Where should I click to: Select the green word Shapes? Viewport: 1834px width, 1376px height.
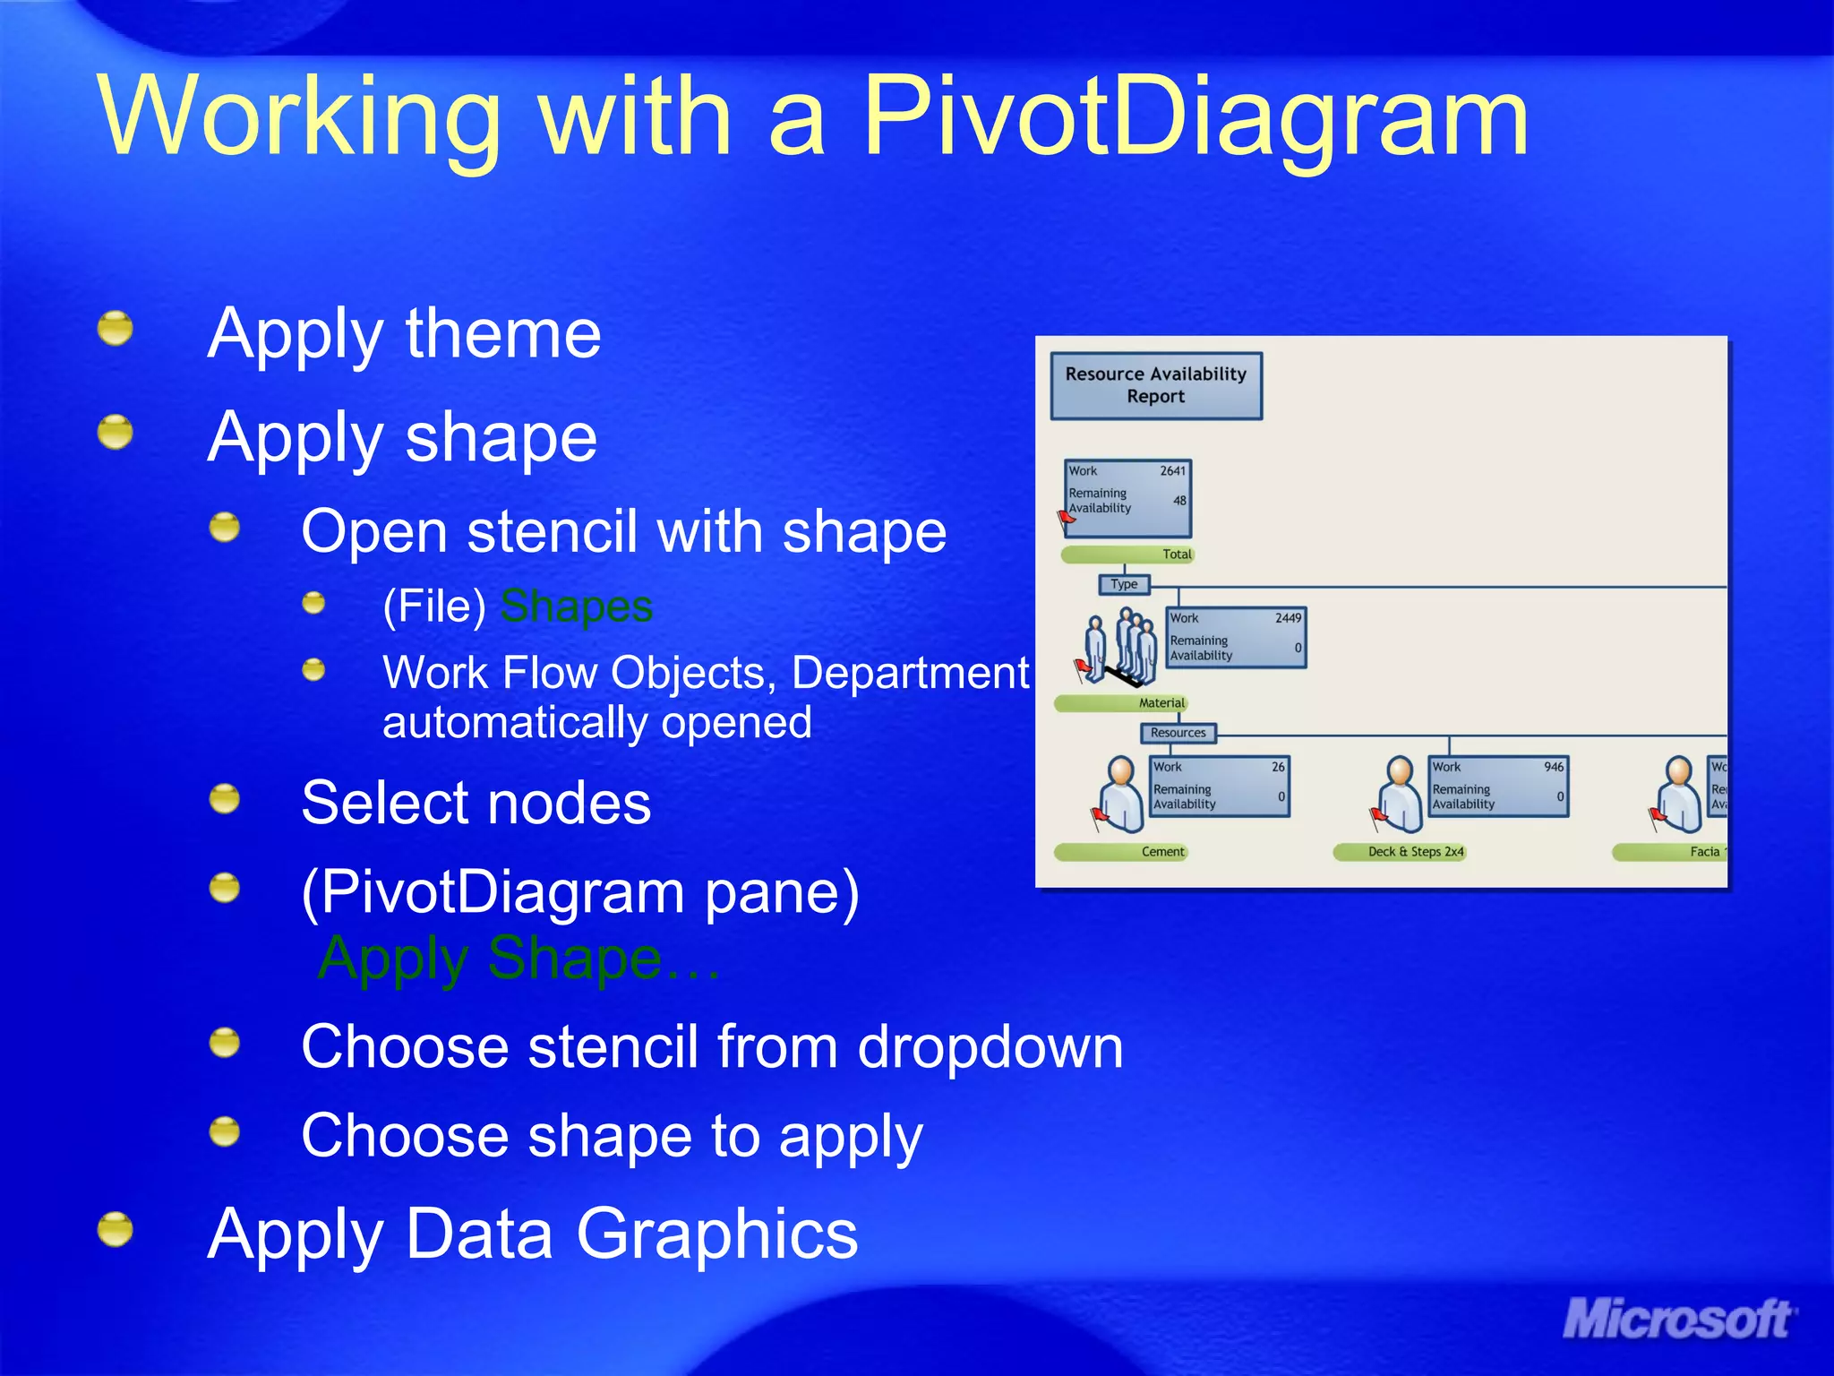coord(576,606)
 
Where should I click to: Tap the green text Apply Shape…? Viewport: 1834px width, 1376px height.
coord(519,959)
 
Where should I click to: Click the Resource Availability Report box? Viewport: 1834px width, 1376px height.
coord(1155,386)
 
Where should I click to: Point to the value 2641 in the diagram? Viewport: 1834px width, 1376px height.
coord(1172,471)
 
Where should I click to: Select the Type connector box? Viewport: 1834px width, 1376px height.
coord(1123,584)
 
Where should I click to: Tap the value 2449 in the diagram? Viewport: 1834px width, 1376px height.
coord(1288,618)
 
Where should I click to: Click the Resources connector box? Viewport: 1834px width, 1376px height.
coord(1178,733)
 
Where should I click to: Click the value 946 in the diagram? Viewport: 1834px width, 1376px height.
coord(1554,767)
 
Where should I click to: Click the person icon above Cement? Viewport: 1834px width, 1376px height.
coord(1119,794)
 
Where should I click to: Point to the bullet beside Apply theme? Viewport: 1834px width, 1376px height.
coord(116,329)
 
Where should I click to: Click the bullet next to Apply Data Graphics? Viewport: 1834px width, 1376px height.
coord(116,1229)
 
